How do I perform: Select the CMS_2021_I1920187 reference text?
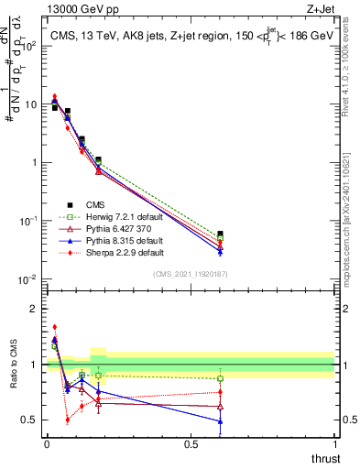pyautogui.click(x=190, y=274)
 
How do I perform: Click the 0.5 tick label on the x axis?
pyautogui.click(x=190, y=444)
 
